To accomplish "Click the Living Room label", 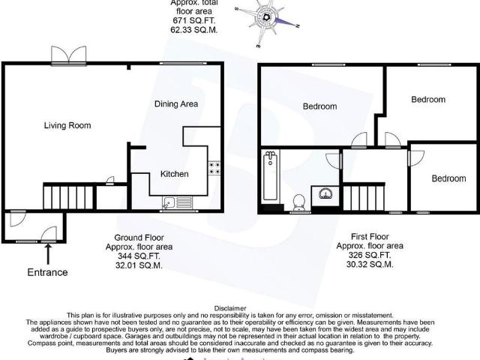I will coord(67,125).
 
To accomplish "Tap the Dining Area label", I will coord(176,103).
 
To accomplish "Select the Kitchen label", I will coord(174,174).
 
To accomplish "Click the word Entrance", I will coord(48,272).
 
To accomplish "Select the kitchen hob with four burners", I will coord(214,169).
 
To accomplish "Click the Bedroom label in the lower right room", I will coord(448,178).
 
